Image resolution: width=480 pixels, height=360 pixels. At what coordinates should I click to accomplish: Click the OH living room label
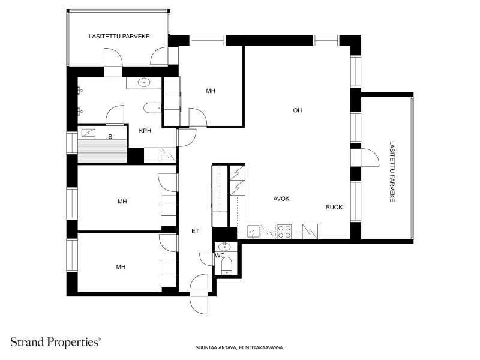click(x=297, y=110)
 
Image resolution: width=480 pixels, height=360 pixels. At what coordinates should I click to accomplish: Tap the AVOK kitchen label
click(x=281, y=199)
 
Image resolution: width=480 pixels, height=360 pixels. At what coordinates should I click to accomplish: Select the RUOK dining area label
click(x=334, y=207)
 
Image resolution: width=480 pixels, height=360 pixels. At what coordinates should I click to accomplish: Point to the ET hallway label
click(x=195, y=231)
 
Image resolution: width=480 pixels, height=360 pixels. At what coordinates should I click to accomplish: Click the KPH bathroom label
click(x=145, y=131)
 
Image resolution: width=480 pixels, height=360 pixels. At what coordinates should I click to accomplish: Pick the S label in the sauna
click(x=110, y=137)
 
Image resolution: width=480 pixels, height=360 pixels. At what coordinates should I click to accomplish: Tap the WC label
click(x=220, y=256)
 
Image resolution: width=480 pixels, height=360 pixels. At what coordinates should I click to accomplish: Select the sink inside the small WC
click(x=225, y=247)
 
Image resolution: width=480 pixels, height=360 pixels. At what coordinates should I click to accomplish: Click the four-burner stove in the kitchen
click(x=284, y=232)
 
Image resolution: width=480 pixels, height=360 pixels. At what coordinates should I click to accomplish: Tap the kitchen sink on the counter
click(x=253, y=232)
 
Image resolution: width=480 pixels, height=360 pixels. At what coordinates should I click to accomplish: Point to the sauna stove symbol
click(x=88, y=133)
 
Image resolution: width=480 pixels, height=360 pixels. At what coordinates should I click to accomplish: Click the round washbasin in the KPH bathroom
click(x=144, y=82)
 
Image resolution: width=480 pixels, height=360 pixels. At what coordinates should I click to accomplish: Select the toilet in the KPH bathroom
click(x=152, y=108)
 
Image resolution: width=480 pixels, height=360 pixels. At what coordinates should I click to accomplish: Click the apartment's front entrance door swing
click(x=199, y=294)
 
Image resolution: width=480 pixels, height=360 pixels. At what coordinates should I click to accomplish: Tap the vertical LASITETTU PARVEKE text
click(x=392, y=172)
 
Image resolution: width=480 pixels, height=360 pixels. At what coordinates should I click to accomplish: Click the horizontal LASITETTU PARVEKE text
click(x=119, y=37)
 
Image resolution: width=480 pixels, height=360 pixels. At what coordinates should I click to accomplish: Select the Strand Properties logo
click(x=55, y=342)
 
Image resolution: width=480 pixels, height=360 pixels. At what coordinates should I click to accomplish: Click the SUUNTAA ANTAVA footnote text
click(x=240, y=347)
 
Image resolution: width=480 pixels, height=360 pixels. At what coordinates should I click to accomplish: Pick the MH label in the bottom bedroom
click(x=121, y=267)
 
